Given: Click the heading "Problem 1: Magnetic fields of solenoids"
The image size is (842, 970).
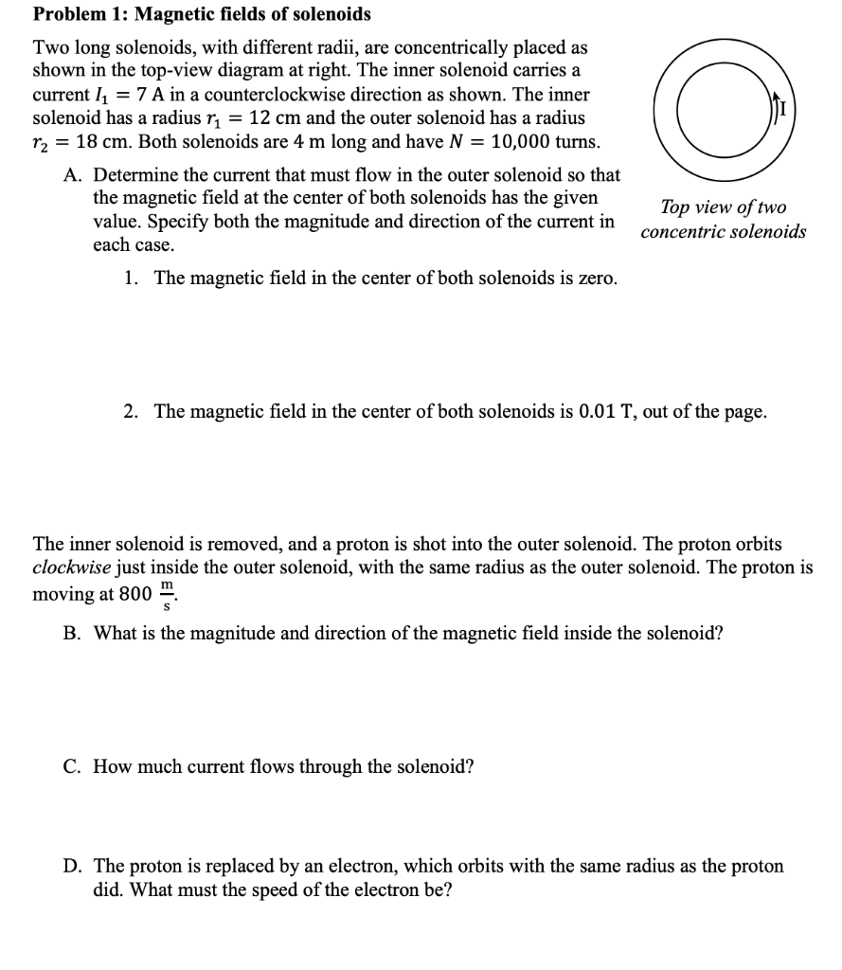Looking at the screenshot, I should click(202, 14).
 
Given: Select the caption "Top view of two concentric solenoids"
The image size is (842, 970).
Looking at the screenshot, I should click(724, 219).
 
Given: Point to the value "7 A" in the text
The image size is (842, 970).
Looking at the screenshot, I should click(152, 96).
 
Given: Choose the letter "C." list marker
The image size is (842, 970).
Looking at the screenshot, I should click(72, 766).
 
